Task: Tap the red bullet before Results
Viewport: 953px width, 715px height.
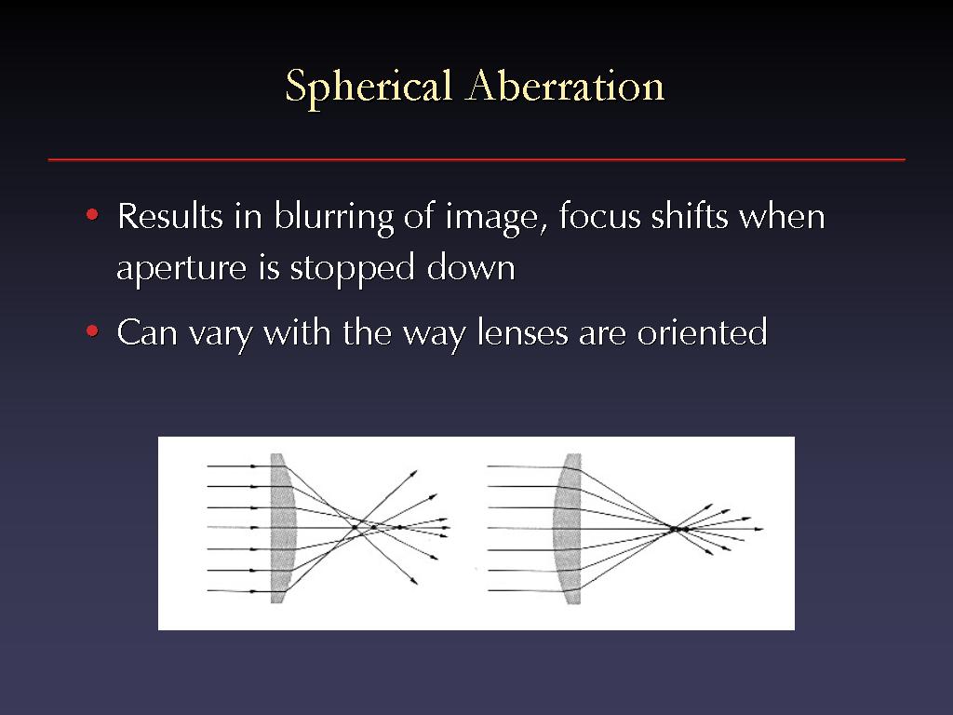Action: click(x=92, y=215)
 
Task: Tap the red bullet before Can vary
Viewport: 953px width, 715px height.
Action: click(x=92, y=331)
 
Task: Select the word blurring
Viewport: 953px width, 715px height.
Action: click(x=334, y=217)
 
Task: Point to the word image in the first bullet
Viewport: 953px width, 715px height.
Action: click(x=491, y=218)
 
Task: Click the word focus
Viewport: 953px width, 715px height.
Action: click(x=600, y=216)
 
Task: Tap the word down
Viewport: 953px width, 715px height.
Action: click(x=471, y=266)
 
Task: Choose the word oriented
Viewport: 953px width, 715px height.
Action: click(x=702, y=332)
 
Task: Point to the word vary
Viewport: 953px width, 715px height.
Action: click(x=220, y=335)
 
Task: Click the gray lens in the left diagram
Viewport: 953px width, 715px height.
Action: click(x=281, y=528)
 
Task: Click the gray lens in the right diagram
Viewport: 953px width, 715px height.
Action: click(x=569, y=528)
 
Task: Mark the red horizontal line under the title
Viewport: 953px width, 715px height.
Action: click(x=476, y=160)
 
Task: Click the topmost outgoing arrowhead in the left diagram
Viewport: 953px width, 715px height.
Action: click(x=414, y=472)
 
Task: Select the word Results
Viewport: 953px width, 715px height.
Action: click(x=170, y=216)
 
